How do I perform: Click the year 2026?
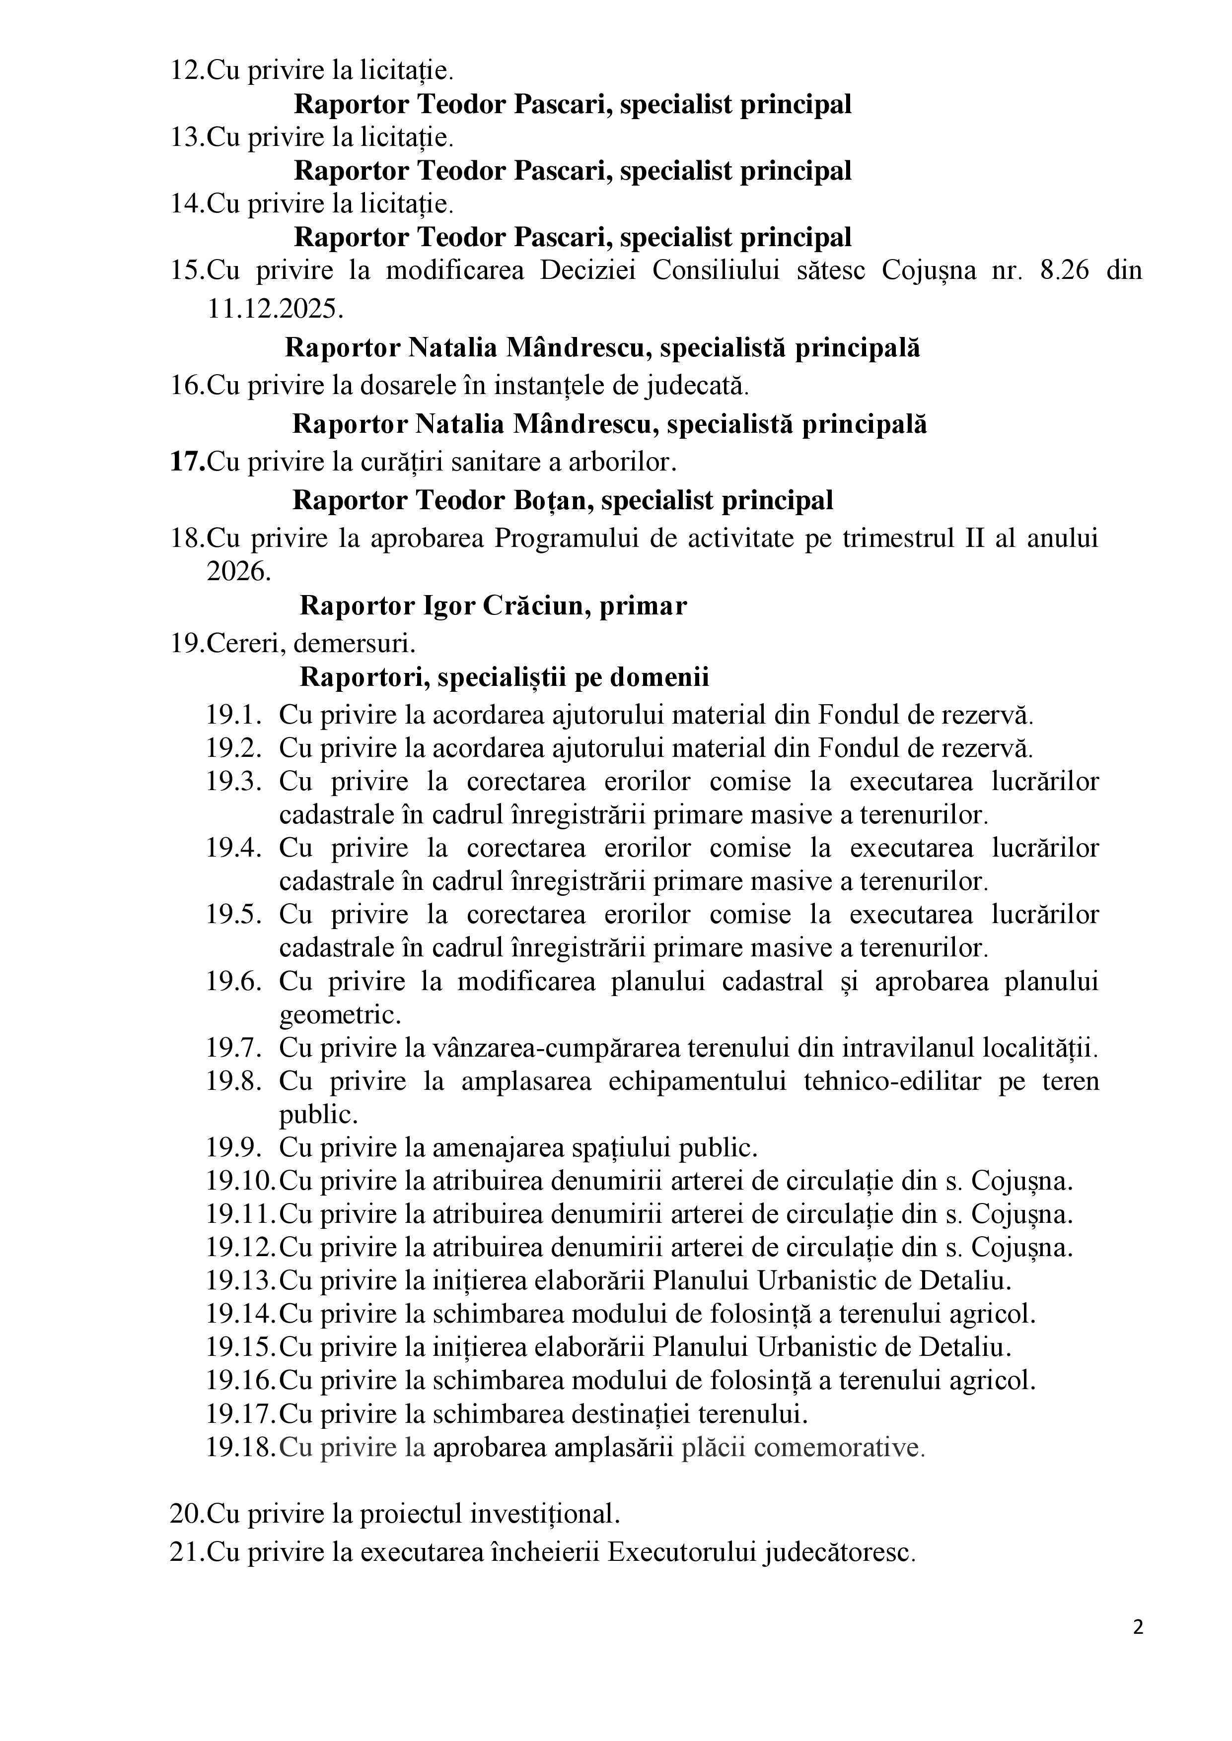click(238, 571)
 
